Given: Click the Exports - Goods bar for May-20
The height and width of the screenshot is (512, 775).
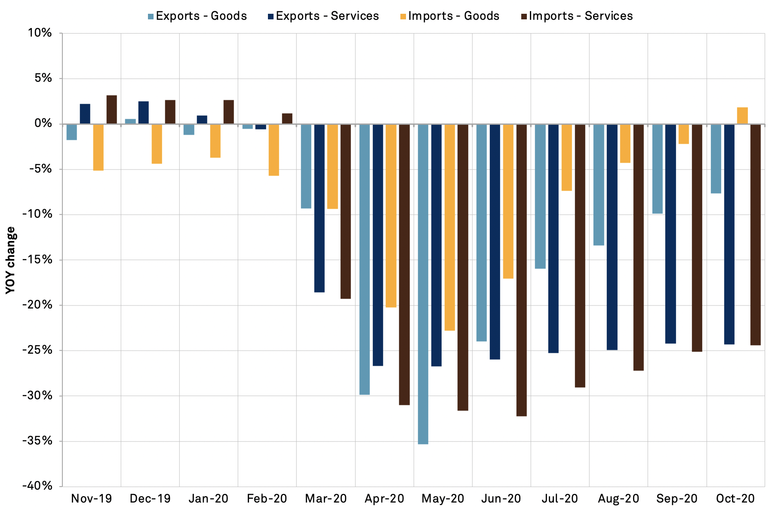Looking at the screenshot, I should pyautogui.click(x=423, y=284).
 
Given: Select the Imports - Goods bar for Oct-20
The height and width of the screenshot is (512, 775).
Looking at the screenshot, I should pyautogui.click(x=742, y=116).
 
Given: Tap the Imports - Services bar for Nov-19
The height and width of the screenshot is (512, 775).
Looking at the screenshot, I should pyautogui.click(x=111, y=110).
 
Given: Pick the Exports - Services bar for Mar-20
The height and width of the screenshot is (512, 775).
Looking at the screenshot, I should pyautogui.click(x=319, y=208).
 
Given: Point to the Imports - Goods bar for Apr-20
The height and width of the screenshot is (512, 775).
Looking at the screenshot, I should pyautogui.click(x=391, y=216).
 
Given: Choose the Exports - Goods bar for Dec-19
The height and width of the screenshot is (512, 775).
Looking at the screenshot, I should pyautogui.click(x=130, y=121).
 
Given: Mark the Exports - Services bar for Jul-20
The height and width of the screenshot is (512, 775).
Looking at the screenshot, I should pyautogui.click(x=554, y=238).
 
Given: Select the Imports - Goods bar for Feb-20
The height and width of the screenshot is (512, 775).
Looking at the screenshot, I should pyautogui.click(x=274, y=150).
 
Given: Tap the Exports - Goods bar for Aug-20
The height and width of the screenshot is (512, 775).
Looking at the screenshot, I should pyautogui.click(x=599, y=185).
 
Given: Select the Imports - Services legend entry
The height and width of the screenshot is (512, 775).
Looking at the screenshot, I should pyautogui.click(x=577, y=16).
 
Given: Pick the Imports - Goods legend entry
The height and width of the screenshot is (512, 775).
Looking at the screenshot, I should pyautogui.click(x=449, y=16).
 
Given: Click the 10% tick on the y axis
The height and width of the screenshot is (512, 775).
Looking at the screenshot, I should pyautogui.click(x=40, y=33).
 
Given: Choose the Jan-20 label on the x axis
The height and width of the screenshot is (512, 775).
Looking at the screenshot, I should pyautogui.click(x=209, y=499).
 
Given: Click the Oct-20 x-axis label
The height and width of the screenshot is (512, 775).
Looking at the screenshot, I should pyautogui.click(x=735, y=499).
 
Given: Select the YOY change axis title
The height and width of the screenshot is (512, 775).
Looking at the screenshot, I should pyautogui.click(x=11, y=260).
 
